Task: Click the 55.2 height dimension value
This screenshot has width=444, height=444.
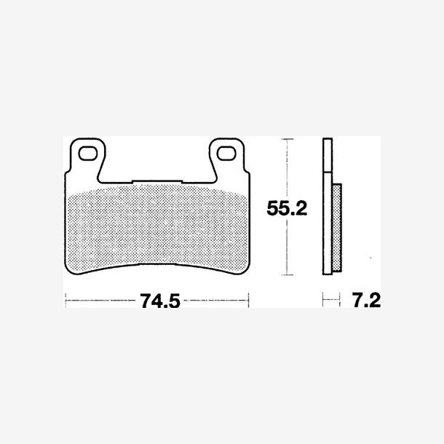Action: click(x=287, y=208)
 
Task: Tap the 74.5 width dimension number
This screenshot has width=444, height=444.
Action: click(x=160, y=301)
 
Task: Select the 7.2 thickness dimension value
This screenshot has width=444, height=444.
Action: click(x=366, y=300)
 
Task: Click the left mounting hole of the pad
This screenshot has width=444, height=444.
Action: click(x=88, y=154)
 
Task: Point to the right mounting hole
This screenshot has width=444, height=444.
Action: click(x=226, y=154)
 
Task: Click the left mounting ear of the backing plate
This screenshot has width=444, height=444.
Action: click(x=87, y=159)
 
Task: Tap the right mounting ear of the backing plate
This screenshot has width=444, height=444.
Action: click(x=226, y=159)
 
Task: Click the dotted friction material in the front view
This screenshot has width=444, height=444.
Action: click(x=157, y=226)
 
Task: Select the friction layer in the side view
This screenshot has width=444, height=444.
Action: click(x=337, y=228)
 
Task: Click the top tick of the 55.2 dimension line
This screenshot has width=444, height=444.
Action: click(x=288, y=139)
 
